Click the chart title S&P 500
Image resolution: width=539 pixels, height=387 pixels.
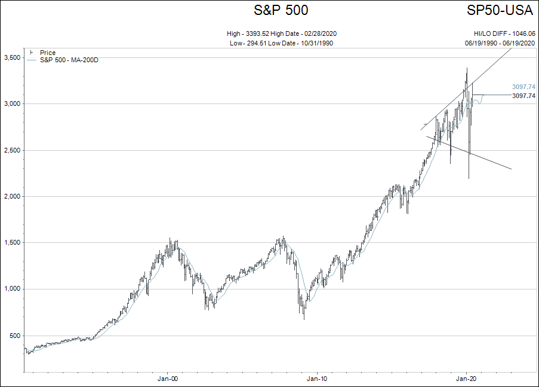click(281, 10)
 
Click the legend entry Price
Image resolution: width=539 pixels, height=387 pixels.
click(48, 53)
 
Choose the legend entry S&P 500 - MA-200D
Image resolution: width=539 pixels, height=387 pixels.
click(69, 60)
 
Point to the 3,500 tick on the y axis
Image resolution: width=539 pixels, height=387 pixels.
click(13, 57)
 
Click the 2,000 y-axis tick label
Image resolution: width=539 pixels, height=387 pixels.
click(13, 196)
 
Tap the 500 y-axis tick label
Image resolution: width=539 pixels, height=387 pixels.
click(15, 336)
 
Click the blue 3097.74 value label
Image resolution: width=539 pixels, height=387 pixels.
click(523, 87)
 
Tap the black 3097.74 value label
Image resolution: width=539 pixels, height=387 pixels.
click(523, 96)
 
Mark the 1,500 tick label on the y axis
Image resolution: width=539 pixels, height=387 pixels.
click(13, 243)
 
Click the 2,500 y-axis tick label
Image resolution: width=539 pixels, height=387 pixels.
click(13, 150)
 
